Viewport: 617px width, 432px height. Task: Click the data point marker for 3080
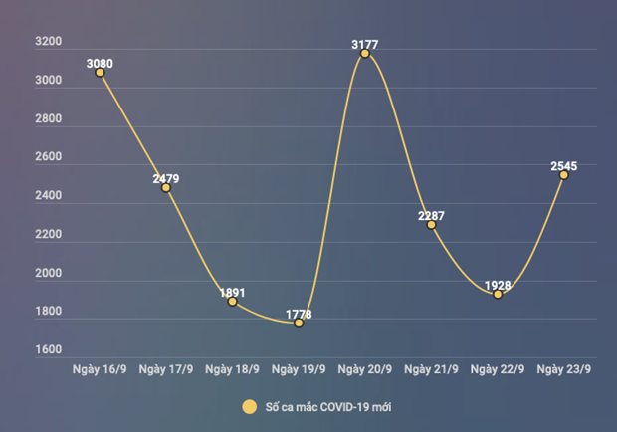pos(100,73)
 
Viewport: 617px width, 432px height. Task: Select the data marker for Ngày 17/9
pos(166,187)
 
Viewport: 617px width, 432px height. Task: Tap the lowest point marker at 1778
pos(299,323)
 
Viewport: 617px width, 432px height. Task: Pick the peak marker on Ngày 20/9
pos(365,53)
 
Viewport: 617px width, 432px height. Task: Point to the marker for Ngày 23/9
pos(564,175)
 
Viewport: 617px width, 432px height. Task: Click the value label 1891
pos(232,293)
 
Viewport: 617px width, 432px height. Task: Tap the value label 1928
pos(498,286)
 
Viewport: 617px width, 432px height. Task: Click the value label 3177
pos(365,45)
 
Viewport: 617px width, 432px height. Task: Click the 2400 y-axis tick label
pos(47,197)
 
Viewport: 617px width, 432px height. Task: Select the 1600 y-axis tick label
pos(47,350)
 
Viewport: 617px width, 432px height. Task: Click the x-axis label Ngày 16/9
pos(100,370)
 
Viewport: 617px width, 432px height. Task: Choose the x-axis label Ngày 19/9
pos(299,370)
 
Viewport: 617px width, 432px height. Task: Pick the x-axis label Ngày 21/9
pos(431,370)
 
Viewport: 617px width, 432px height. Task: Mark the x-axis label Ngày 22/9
pos(498,370)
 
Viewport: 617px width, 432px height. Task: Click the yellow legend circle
pos(249,406)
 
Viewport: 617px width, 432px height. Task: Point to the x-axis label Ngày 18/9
pos(232,370)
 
